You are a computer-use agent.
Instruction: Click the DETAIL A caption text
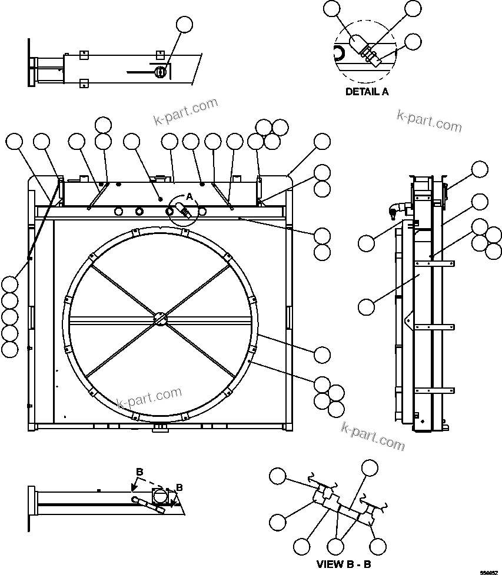pos(367,92)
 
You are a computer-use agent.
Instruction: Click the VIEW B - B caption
pos(344,564)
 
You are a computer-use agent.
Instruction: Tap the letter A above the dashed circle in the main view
pos(190,195)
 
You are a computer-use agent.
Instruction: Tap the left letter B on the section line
pos(139,472)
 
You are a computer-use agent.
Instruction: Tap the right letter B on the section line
pos(179,487)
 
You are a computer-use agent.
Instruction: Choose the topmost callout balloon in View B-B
pos(369,467)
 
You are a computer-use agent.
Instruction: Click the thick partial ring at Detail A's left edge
pos(338,54)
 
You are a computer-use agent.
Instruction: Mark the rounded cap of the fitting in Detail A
pos(357,42)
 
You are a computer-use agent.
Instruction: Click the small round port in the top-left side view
pos(159,72)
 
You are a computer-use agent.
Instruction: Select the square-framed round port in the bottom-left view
pos(159,497)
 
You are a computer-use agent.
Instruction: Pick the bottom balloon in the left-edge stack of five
pos(9,349)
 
